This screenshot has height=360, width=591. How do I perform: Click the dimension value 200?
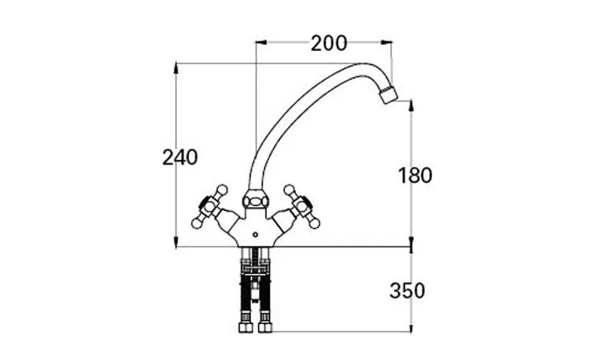click(329, 44)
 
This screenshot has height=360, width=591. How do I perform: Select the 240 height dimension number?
click(180, 158)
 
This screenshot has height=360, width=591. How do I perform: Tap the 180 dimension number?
click(415, 175)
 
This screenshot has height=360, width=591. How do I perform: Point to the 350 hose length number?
click(407, 290)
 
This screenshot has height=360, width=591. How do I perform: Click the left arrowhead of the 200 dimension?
click(259, 42)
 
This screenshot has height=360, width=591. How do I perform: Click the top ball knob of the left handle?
click(222, 190)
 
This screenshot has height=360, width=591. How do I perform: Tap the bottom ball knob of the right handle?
click(315, 222)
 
